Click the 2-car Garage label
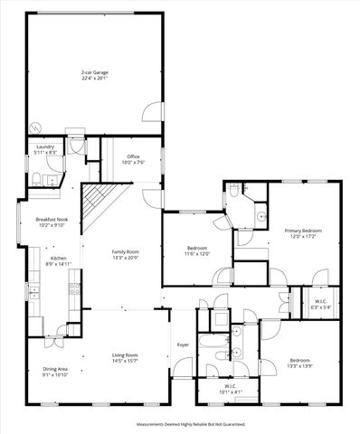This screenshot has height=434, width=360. (94, 71)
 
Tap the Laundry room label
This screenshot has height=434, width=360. (45, 146)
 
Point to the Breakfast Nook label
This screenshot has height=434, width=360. (52, 220)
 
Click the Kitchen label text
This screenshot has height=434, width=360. (58, 259)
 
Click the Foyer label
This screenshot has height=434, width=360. (183, 344)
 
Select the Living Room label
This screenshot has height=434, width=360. (125, 355)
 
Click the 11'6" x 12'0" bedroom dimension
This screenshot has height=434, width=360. (197, 254)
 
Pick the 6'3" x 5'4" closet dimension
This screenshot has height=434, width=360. (321, 307)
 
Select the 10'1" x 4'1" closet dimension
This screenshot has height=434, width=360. (232, 392)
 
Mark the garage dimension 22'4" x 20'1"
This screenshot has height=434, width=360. (94, 78)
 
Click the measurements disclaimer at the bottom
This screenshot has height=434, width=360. (180, 423)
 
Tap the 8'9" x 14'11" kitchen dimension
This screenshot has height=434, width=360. (58, 265)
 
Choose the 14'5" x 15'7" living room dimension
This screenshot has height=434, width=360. (125, 362)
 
